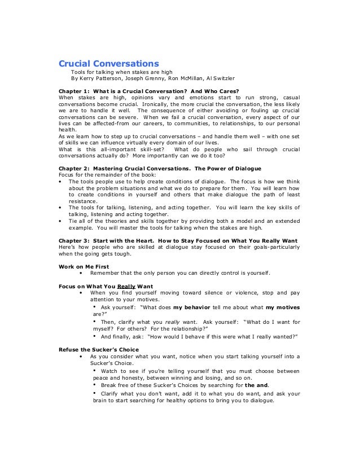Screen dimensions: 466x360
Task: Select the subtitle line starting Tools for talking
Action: (x=121, y=72)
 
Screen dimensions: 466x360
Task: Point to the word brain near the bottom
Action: (x=100, y=401)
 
